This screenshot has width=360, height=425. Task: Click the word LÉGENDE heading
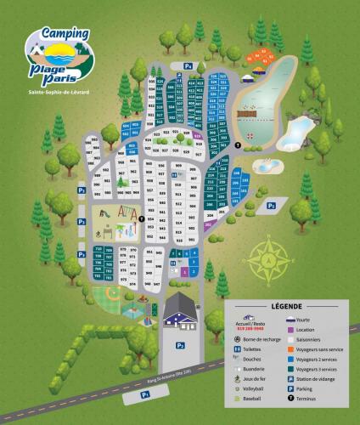pos(287,305)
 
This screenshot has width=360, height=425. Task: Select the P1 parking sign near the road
pos(145,394)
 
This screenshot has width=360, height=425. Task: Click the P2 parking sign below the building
pos(180,345)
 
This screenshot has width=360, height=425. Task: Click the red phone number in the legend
pos(245,329)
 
